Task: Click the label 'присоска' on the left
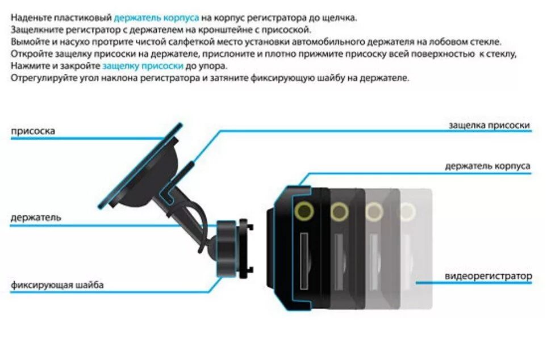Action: [x=33, y=131]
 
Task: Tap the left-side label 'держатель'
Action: [x=36, y=217]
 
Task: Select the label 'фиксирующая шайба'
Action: [x=57, y=285]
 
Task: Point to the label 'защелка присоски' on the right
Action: [x=489, y=125]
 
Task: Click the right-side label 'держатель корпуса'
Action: [x=488, y=166]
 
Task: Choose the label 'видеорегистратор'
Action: [x=488, y=277]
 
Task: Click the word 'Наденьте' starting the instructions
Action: [x=29, y=18]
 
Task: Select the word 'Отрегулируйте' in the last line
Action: [x=38, y=78]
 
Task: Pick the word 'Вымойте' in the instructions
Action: [x=27, y=42]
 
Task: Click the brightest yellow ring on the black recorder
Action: [x=304, y=211]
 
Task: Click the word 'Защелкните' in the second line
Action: [x=34, y=30]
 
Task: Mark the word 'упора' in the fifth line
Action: [x=213, y=66]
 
